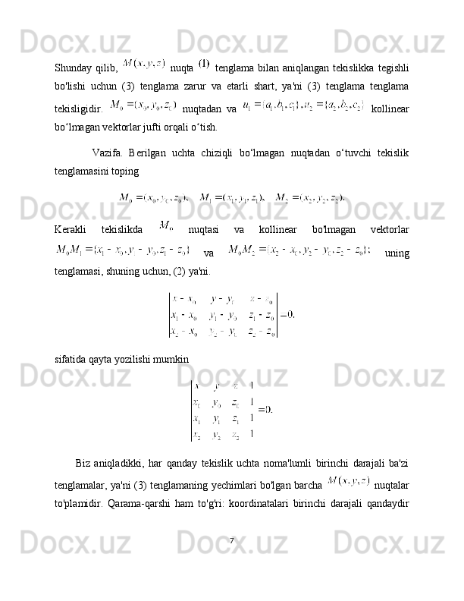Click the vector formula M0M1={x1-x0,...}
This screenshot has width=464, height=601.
click(122, 249)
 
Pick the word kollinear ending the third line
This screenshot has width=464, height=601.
click(390, 108)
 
